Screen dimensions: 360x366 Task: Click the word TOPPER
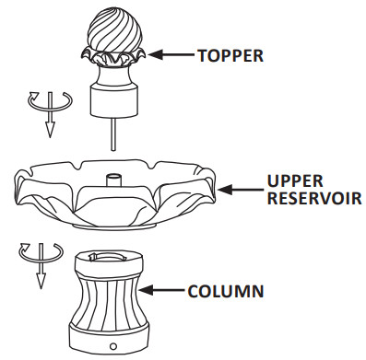(x=230, y=55)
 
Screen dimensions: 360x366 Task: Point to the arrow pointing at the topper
(x=170, y=55)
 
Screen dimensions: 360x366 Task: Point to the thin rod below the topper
(x=113, y=134)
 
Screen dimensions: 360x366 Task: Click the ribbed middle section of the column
(x=111, y=295)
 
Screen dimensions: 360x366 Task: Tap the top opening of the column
(x=111, y=256)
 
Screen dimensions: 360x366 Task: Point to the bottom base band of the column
(x=111, y=335)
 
